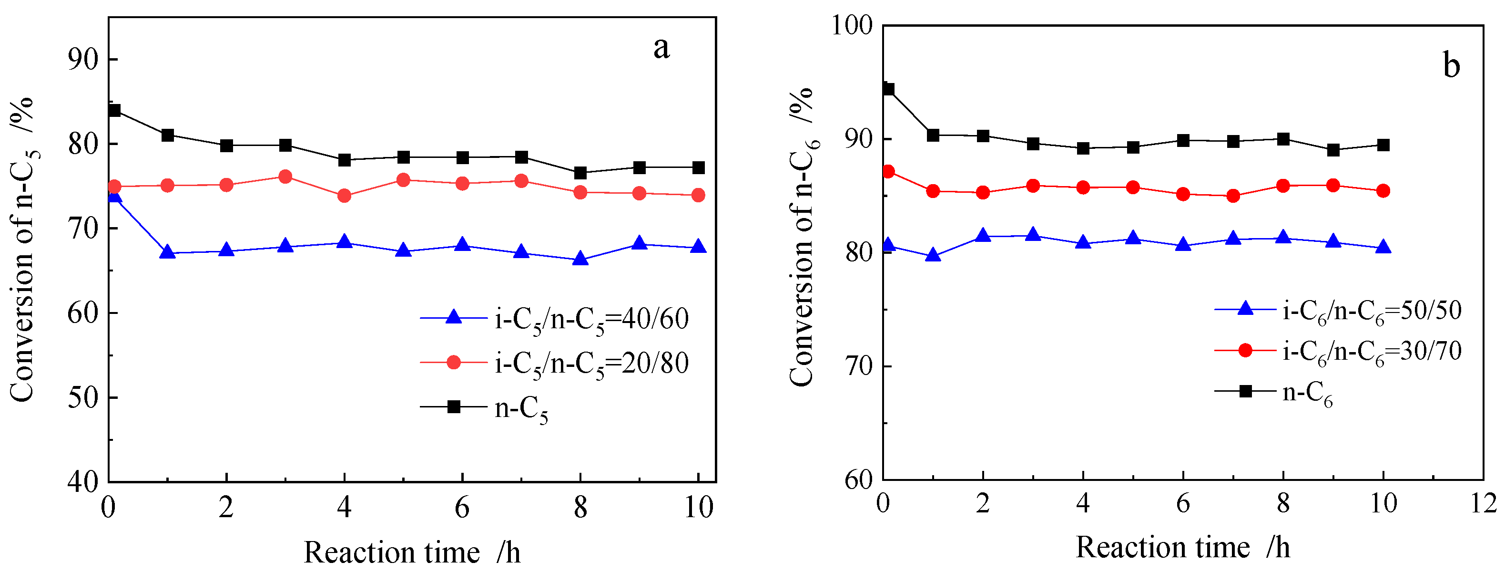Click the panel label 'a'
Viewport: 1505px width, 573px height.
661,48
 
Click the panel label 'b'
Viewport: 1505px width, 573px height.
1451,65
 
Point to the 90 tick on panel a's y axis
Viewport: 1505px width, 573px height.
83,59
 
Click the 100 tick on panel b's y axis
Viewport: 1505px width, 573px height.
852,26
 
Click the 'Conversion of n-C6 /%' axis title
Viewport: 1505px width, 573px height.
803,237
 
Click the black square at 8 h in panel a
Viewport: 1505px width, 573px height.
580,173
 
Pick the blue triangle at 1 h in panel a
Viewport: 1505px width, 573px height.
168,252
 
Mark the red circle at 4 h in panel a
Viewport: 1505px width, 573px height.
344,196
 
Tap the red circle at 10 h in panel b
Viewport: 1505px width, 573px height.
1383,191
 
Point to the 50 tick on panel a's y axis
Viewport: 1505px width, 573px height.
83,397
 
